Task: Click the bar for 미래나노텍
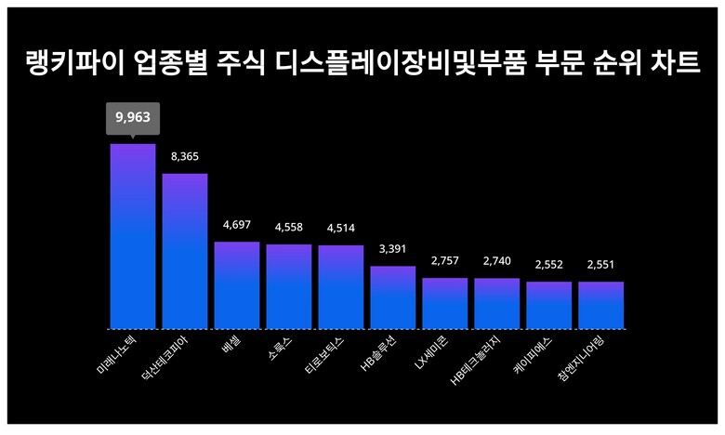(x=133, y=237)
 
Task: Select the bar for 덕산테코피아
(x=185, y=251)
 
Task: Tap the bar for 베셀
(x=237, y=285)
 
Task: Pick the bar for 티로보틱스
(x=341, y=287)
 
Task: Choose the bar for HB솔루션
(x=393, y=297)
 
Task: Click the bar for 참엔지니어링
(x=600, y=305)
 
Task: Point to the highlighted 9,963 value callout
(x=133, y=118)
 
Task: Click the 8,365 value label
(x=185, y=156)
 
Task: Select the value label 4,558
(x=289, y=228)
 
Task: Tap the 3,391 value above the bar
(x=393, y=249)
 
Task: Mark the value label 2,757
(x=445, y=261)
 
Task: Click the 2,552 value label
(x=548, y=265)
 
